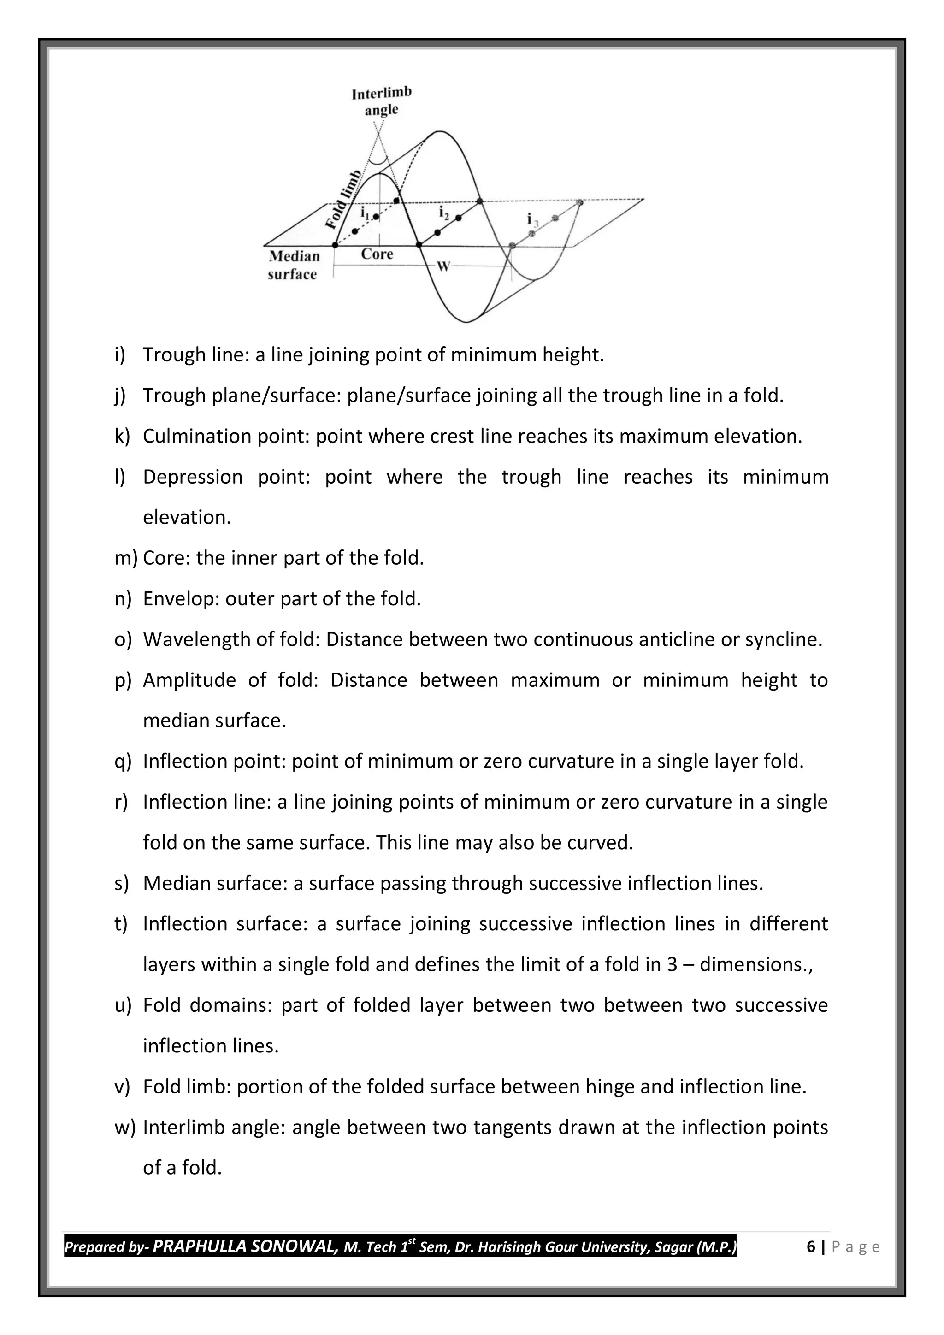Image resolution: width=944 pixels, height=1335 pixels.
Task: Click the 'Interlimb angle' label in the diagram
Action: (381, 101)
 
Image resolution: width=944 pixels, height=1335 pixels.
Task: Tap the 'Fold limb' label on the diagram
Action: (343, 200)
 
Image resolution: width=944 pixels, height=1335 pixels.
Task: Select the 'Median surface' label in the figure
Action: (294, 265)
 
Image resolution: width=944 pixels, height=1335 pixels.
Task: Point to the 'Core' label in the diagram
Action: (377, 254)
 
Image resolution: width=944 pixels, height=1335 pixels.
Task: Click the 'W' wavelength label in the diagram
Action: (443, 266)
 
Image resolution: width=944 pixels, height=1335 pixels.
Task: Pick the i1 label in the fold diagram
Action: (365, 213)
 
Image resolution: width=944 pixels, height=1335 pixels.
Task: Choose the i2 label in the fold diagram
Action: (443, 213)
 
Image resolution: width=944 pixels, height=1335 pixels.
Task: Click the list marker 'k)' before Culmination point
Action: (122, 436)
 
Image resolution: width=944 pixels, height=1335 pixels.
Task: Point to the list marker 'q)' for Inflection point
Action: (123, 761)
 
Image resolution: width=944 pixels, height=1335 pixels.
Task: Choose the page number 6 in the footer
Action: (811, 1246)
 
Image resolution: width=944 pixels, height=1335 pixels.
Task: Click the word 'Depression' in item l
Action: (192, 477)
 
